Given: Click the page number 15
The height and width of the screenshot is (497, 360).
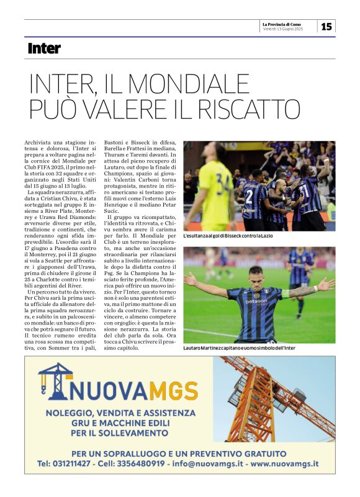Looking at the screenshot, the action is (326, 27).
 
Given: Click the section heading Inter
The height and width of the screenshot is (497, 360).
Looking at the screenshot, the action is (44, 48).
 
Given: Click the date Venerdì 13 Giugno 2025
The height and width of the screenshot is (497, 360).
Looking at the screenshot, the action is (283, 30).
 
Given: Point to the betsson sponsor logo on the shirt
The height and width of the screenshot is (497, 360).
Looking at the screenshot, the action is (256, 302).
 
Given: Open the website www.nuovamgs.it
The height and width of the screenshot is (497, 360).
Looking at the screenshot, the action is (286, 463).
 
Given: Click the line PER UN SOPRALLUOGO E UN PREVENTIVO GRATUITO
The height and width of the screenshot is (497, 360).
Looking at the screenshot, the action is (179, 453).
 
